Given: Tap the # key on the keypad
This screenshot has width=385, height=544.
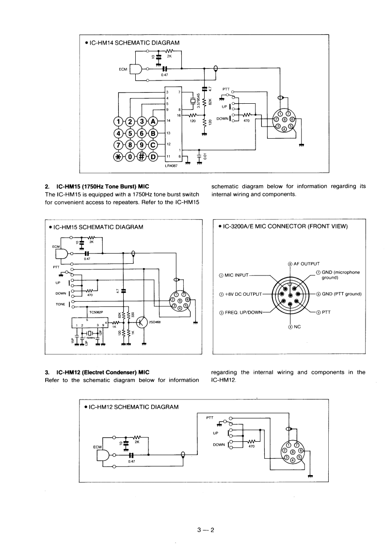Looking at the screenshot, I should point(142,156).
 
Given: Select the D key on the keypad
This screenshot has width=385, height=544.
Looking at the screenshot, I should point(153,156).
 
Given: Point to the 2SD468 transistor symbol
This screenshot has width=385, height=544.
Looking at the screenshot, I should point(142,323).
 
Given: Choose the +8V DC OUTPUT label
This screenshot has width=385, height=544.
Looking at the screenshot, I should point(241,294).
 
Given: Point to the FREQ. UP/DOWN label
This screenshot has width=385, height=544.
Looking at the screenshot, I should point(240,312).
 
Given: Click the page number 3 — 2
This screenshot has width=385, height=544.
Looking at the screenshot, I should point(206,516).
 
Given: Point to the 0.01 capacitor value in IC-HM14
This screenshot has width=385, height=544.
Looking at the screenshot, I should point(206,156).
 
